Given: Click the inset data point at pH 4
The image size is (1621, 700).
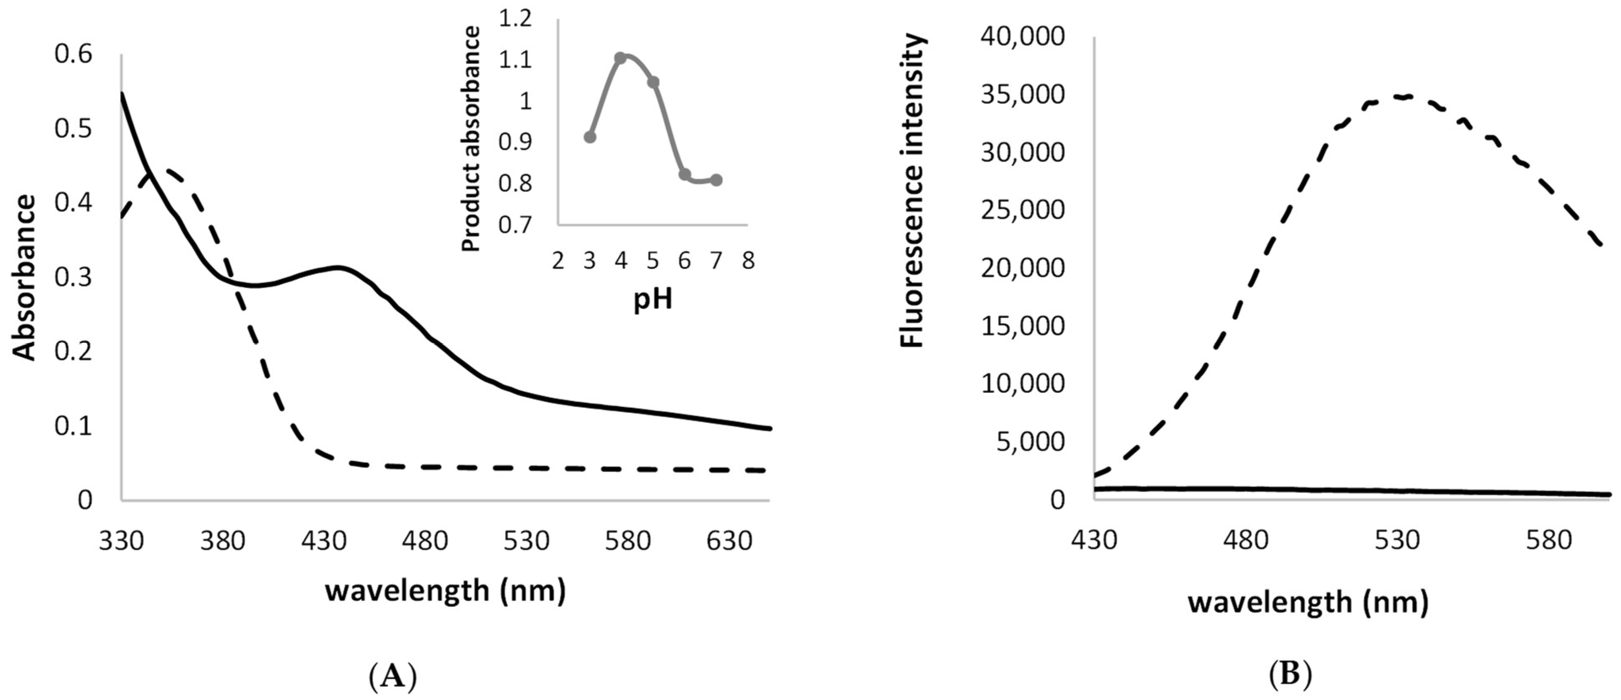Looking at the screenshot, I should (x=621, y=58).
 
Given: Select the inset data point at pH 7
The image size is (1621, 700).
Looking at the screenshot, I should (x=716, y=180).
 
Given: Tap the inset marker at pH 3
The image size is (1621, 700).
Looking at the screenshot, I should (x=590, y=137).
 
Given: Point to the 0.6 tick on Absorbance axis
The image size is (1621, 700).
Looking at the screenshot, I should (x=73, y=54).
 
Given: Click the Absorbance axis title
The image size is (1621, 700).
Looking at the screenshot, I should (x=25, y=277).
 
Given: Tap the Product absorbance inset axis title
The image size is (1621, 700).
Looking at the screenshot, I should (x=471, y=138).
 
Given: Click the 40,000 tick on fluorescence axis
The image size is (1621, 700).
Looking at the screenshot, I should (x=1022, y=37).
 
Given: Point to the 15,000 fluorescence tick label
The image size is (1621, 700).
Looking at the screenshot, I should (x=1022, y=326).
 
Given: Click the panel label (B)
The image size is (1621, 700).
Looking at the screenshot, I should (x=1289, y=675).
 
